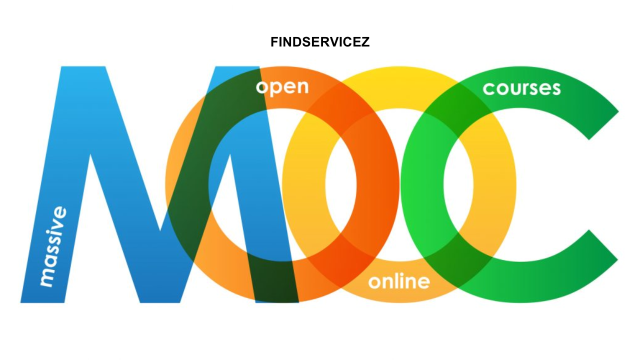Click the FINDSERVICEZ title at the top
coord(320,42)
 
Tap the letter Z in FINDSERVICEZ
coord(366,42)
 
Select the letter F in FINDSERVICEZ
coord(274,42)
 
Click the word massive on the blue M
coord(53,246)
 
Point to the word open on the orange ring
coord(282,87)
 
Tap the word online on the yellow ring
coord(398,281)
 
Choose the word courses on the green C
coord(521,88)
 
